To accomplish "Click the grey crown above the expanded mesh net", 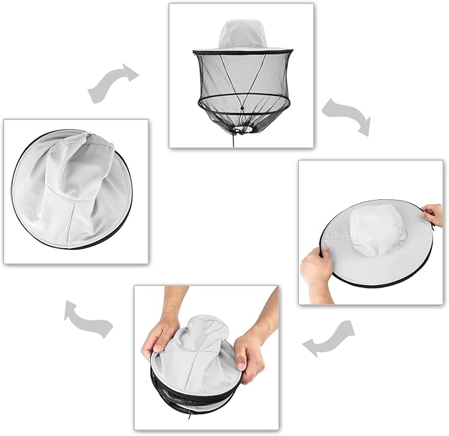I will click(x=241, y=33).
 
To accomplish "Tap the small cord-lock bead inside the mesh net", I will click(x=242, y=109).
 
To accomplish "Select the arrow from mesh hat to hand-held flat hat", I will click(x=347, y=116).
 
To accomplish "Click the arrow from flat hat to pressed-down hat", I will click(x=328, y=338).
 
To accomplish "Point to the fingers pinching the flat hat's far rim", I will click(x=432, y=214).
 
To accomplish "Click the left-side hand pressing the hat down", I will click(x=159, y=334).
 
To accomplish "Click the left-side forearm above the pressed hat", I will click(x=174, y=300).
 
